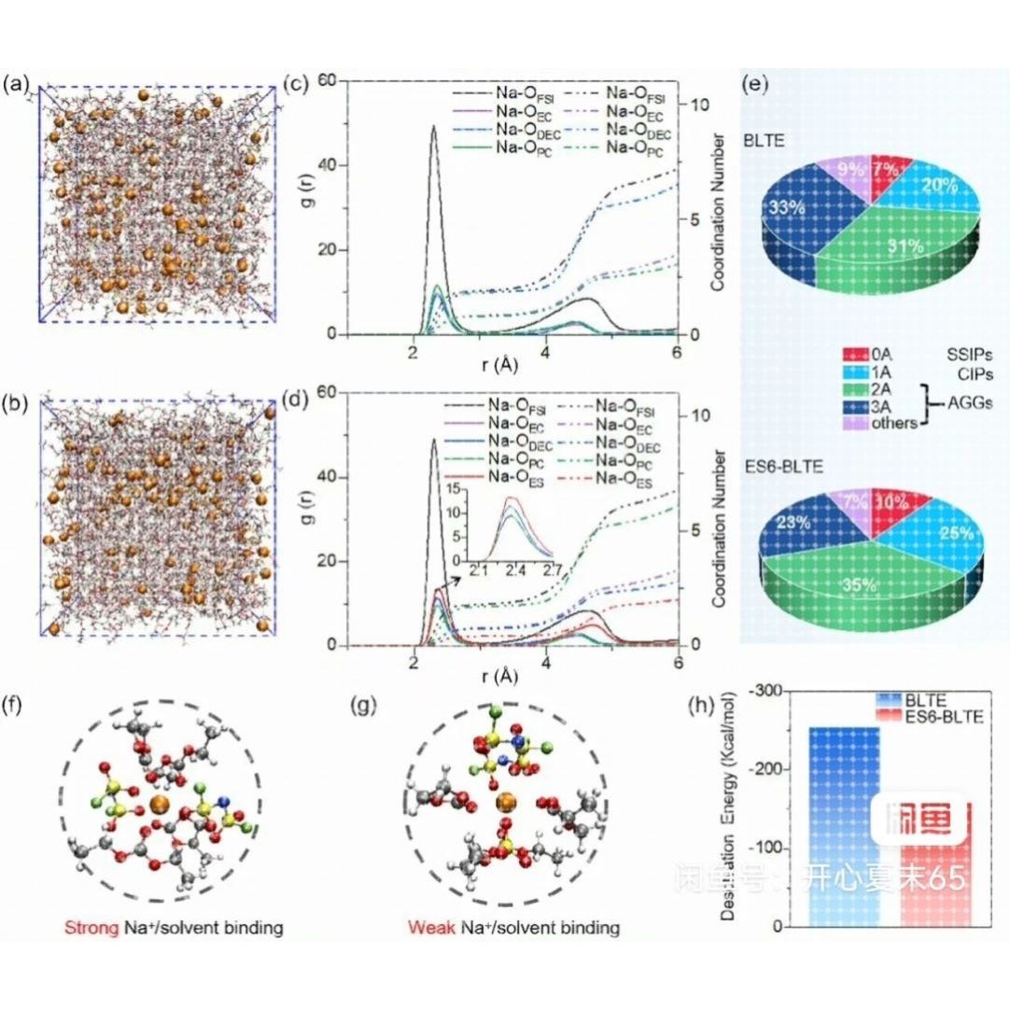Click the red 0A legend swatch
(855, 355)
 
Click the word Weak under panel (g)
(426, 929)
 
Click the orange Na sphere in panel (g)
(507, 802)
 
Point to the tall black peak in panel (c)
(434, 131)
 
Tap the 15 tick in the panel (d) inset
(453, 488)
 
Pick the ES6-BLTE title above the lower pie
(784, 464)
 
